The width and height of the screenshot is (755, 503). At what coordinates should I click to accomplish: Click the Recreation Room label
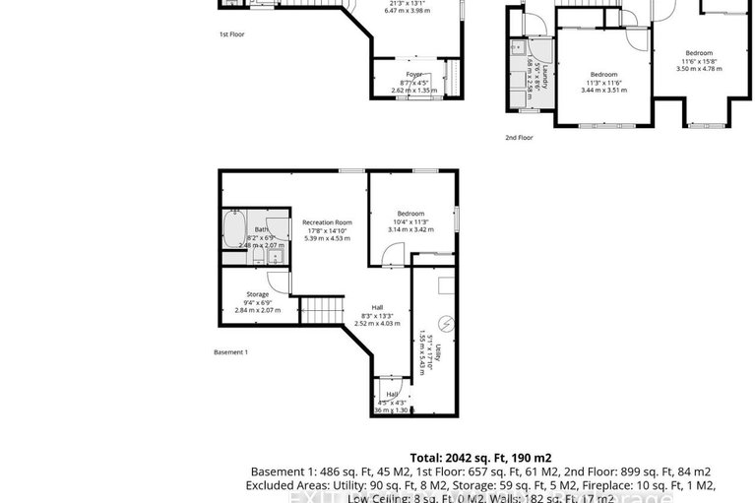327,222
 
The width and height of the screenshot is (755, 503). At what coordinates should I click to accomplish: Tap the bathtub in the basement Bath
234,230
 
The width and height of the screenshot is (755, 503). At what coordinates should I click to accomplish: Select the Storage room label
258,293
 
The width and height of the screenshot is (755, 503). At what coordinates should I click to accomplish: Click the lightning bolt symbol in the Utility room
446,323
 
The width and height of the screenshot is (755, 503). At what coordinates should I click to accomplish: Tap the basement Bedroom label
410,214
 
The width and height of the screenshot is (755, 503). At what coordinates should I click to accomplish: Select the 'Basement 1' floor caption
231,351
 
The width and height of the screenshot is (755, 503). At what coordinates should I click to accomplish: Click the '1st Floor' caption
232,34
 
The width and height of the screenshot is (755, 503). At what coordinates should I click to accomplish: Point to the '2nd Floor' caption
519,138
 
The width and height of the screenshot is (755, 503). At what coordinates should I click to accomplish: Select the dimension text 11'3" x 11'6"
603,83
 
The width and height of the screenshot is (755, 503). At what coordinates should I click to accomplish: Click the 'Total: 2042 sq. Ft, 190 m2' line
481,458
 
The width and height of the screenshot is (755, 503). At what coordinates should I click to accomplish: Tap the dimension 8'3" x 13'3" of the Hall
378,314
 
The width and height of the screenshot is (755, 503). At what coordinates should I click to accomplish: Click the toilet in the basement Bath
257,257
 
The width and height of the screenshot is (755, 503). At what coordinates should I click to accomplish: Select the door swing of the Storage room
280,283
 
